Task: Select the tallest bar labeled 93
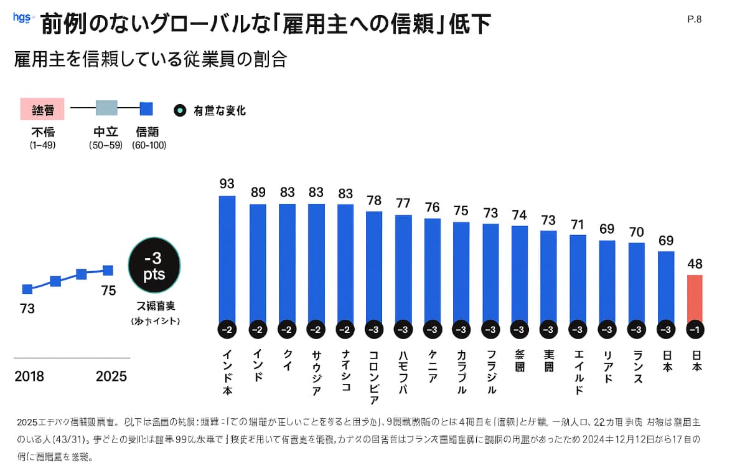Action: (x=227, y=259)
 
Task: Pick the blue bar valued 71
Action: (x=578, y=278)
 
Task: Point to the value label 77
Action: (x=403, y=203)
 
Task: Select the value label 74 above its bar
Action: (x=519, y=215)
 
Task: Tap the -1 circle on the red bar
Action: (x=695, y=330)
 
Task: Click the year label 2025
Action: (x=111, y=376)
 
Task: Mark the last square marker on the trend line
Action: (x=108, y=270)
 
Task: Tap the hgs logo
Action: (x=22, y=18)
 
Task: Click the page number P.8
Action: (x=695, y=19)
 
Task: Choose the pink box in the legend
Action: (x=43, y=109)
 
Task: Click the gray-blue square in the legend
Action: (x=106, y=108)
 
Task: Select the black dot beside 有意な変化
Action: (x=180, y=110)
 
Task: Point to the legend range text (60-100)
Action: (x=149, y=145)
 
